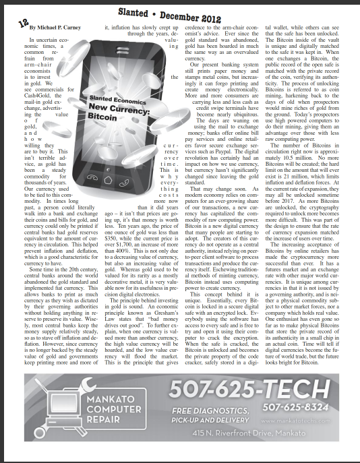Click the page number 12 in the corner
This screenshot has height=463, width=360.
click(x=14, y=22)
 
